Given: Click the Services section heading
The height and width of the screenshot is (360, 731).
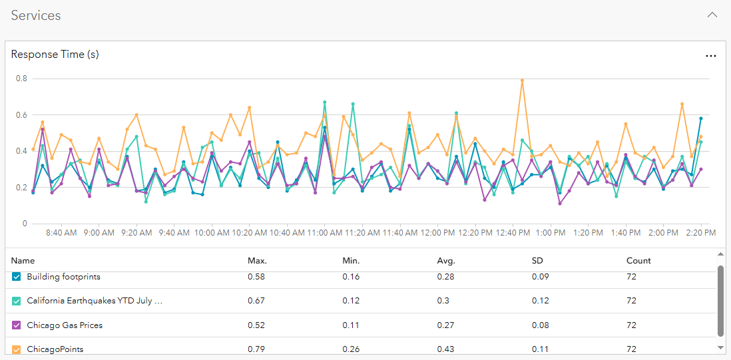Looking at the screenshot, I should tap(36, 16).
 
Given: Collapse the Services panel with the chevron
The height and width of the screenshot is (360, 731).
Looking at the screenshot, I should tap(712, 15).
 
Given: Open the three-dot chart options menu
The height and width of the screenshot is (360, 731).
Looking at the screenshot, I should tap(710, 57).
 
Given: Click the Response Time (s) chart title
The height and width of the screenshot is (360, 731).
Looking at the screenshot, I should tap(55, 55).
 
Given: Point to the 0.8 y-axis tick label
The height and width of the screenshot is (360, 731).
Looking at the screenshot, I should tap(21, 79).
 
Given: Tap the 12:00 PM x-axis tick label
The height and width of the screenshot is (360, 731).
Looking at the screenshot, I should tap(439, 233).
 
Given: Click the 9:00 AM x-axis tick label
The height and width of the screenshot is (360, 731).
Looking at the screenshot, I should tap(99, 233).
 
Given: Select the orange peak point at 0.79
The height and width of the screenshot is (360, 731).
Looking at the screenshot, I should tap(522, 81).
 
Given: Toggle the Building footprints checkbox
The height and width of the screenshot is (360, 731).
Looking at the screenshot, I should tap(17, 277).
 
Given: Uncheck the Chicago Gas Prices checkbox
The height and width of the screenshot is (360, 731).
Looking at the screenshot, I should tap(17, 325).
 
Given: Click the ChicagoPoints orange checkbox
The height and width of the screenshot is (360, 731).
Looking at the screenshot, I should tap(17, 349).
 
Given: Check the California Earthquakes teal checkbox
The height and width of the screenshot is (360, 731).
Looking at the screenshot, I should tap(17, 301).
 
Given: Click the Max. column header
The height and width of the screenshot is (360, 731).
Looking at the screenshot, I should tap(257, 261).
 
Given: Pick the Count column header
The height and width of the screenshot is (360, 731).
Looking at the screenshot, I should tap(638, 261).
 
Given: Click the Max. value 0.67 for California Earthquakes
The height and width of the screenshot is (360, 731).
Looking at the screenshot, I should tap(256, 301).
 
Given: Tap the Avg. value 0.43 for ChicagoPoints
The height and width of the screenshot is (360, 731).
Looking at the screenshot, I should tap(446, 349).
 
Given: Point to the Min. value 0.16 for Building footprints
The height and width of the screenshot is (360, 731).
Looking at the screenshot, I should tap(351, 277).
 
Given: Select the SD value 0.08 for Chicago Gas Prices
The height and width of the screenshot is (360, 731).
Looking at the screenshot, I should tap(541, 325).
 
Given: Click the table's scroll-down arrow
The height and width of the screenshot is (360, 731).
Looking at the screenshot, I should tap(720, 347).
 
